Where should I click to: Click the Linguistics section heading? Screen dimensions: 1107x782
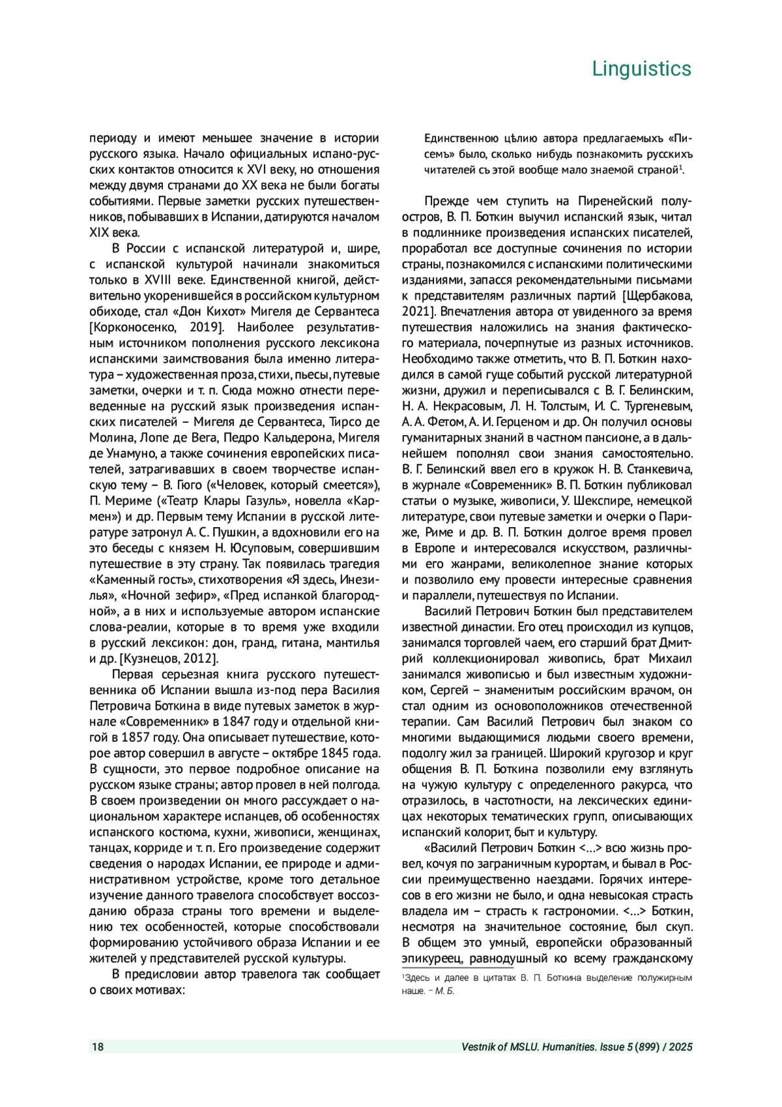tap(641, 68)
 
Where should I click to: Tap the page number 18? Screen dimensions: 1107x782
tap(97, 1048)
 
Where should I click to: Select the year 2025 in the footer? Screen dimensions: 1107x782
tap(680, 1048)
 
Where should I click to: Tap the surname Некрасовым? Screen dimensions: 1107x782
tap(465, 406)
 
